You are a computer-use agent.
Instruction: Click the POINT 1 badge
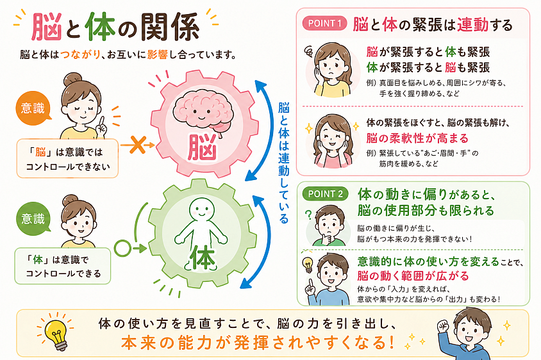pos(324,24)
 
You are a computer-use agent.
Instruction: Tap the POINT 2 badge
pos(326,194)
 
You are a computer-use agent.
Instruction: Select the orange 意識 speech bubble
pos(33,109)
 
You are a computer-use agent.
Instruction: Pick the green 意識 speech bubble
pos(33,218)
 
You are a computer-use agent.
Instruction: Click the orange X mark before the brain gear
pos(137,145)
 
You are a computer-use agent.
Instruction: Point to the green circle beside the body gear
pos(123,248)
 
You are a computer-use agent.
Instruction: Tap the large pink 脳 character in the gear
pos(203,148)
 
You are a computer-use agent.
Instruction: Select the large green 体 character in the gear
pos(204,257)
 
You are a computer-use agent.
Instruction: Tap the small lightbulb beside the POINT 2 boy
pos(308,265)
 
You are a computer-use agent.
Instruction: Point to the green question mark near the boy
pos(309,215)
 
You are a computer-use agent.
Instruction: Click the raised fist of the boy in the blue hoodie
pos(444,326)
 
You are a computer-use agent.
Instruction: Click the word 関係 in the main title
pos(170,28)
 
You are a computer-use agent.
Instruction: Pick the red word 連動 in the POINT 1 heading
pos(472,25)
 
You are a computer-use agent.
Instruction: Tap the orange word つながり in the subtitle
pos(81,54)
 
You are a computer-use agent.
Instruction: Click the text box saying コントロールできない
pos(68,158)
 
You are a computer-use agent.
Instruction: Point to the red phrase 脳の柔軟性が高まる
pos(417,138)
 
